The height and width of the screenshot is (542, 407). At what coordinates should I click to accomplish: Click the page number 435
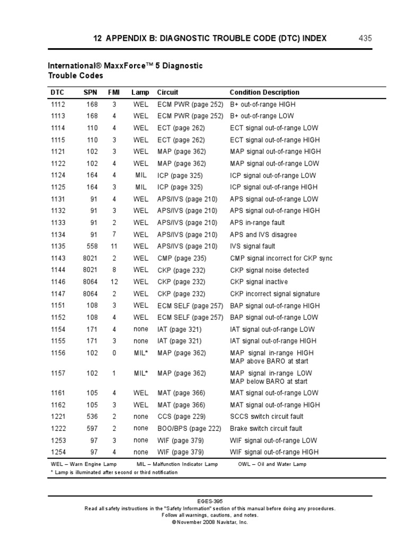(x=366, y=38)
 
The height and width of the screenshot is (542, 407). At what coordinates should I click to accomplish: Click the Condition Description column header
(x=264, y=92)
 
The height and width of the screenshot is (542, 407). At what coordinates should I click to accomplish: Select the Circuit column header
(x=167, y=92)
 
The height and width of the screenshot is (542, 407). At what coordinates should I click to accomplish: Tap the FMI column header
(x=114, y=92)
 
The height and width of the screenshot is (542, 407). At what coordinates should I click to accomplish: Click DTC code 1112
(x=58, y=104)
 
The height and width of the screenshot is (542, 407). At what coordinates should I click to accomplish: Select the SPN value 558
(x=92, y=246)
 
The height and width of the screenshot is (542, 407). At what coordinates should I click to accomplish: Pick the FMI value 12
(x=114, y=282)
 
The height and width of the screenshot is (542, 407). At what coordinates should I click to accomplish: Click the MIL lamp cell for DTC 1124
(x=140, y=175)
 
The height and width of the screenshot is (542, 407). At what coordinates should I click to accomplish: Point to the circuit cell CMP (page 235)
(x=181, y=258)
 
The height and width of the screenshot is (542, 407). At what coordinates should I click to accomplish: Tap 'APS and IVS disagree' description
(x=263, y=234)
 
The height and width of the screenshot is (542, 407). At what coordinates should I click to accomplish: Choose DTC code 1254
(x=58, y=452)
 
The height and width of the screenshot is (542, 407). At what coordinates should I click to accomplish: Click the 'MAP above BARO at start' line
(x=269, y=361)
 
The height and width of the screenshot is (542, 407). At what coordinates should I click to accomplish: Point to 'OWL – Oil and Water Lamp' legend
(x=272, y=464)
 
